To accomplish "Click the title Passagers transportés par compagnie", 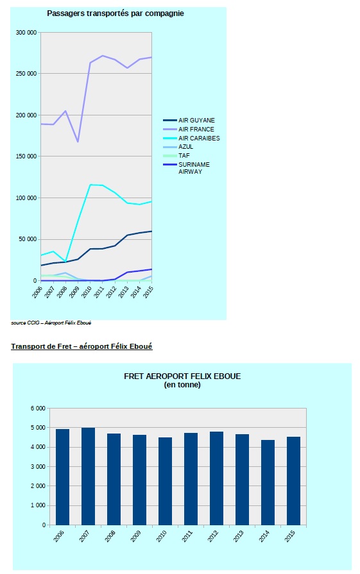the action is tap(116, 13).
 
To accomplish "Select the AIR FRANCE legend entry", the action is tap(189, 129).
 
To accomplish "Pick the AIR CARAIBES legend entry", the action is tap(191, 138).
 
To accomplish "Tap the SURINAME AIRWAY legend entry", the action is tap(187, 168).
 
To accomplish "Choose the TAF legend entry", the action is tap(176, 156).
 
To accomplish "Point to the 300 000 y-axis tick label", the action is tap(26, 33).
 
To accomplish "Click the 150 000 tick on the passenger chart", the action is tap(26, 156).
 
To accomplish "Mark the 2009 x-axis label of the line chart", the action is tap(74, 292).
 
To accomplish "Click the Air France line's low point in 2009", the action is tap(78, 142).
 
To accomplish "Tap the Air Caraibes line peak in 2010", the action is tap(90, 185).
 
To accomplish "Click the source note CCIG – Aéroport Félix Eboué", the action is tap(51, 323).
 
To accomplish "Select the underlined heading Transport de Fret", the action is tap(81, 346).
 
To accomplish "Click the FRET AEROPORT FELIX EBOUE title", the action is tap(182, 376).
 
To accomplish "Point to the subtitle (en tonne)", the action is tap(182, 385).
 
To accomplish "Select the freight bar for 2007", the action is tap(88, 477).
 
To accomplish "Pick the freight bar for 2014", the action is tap(268, 482).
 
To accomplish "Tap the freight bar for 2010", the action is tap(165, 482).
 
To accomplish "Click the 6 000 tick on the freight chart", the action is tap(38, 408).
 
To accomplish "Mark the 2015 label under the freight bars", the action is tap(289, 536).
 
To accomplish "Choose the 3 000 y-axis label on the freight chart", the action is tap(38, 467).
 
